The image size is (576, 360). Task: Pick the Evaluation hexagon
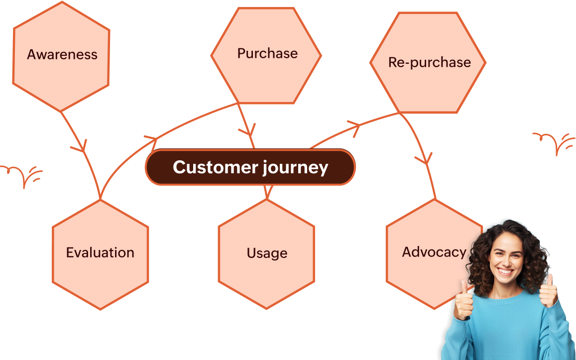100,254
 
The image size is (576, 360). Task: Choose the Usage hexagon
266,254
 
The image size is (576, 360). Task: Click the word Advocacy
434,252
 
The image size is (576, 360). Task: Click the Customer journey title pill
250,167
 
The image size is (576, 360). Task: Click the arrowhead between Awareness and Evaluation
79,146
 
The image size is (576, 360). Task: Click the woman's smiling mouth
505,271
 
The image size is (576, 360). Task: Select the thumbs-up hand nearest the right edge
548,291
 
